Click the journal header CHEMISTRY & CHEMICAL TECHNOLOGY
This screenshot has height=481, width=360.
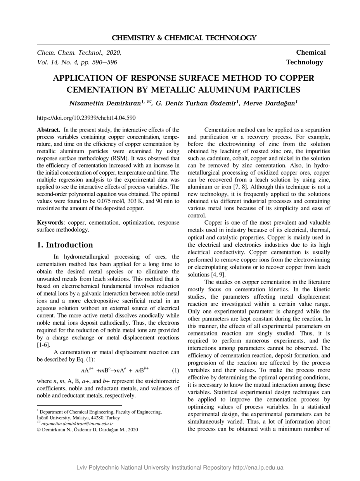pyautogui.click(x=184, y=38)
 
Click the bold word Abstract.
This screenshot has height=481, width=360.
pyautogui.click(x=48, y=130)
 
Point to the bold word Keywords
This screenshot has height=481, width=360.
pyautogui.click(x=50, y=223)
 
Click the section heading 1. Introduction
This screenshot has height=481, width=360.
pyautogui.click(x=65, y=245)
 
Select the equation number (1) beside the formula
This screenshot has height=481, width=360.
pyautogui.click(x=175, y=370)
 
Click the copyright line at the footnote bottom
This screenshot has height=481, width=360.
pyautogui.click(x=87, y=430)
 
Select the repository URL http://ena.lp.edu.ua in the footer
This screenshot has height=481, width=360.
pyautogui.click(x=258, y=468)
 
